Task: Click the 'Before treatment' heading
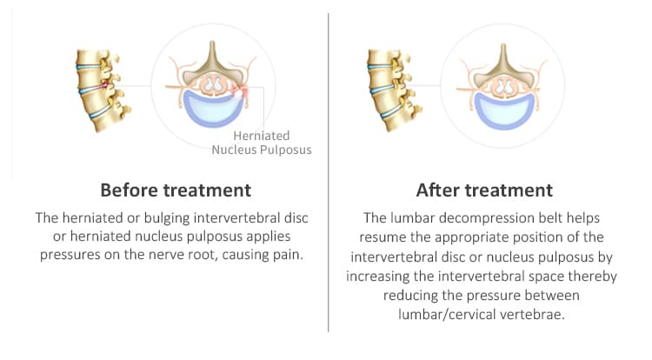pos(176,190)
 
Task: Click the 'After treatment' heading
pos(484,190)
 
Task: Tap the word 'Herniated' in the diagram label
pos(261,136)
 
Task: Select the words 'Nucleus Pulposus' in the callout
pos(262,150)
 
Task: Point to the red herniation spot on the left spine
pos(105,85)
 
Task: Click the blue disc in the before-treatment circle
pos(213,111)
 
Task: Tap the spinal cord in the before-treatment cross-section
pos(213,85)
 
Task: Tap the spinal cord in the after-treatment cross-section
pos(504,87)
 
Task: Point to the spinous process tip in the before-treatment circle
pos(212,43)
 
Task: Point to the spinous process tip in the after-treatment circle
pos(503,45)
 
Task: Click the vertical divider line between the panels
pos(328,172)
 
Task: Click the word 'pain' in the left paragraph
pos(288,255)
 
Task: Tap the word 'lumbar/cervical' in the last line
pos(446,314)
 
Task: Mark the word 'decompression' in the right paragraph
pos(493,218)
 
